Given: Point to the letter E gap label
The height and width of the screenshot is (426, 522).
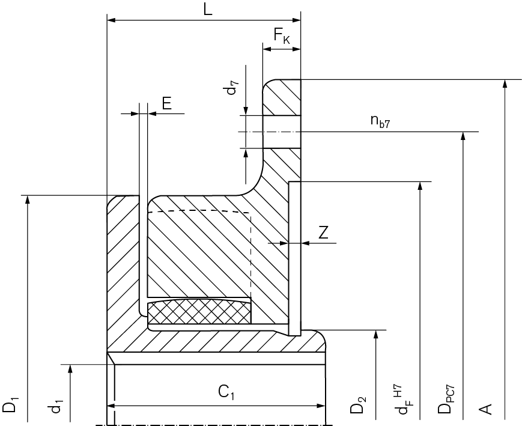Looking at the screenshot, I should pyautogui.click(x=166, y=103).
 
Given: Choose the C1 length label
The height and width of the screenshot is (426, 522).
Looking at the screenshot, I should pyautogui.click(x=226, y=393).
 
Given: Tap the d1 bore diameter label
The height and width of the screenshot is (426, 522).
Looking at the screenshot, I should pyautogui.click(x=56, y=407).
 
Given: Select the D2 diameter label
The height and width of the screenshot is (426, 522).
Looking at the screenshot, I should pyautogui.click(x=359, y=405).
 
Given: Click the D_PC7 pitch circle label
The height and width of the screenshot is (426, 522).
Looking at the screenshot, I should pyautogui.click(x=446, y=401).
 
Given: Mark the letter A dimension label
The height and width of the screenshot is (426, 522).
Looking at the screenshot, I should pyautogui.click(x=487, y=409).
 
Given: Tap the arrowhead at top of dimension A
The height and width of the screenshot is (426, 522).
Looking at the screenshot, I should pyautogui.click(x=505, y=84).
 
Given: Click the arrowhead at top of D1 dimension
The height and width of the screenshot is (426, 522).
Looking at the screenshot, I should pyautogui.click(x=28, y=199).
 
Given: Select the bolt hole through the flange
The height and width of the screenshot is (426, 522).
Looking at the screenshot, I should pyautogui.click(x=281, y=132).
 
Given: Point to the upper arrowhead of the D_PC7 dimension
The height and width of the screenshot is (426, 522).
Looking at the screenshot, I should pyautogui.click(x=462, y=136).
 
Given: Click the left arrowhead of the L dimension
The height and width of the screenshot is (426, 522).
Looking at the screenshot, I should pyautogui.click(x=111, y=20).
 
